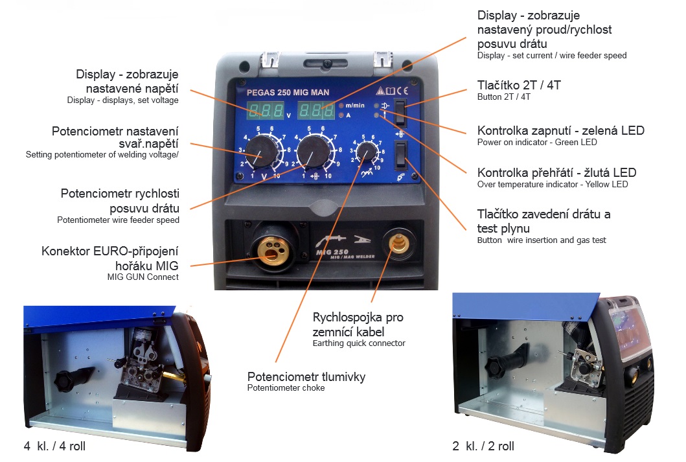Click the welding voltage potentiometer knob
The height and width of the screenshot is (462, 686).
point(261,151)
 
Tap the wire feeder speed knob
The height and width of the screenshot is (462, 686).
point(314,152)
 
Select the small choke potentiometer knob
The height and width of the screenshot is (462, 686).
point(367,152)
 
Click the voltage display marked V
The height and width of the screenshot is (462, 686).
point(266,110)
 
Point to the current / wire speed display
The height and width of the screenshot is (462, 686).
point(316,110)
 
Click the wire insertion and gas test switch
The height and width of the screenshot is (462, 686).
point(401,155)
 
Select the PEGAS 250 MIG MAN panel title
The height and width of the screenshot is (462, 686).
point(288,92)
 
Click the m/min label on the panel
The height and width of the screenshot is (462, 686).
point(355,106)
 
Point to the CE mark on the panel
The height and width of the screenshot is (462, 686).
point(402,91)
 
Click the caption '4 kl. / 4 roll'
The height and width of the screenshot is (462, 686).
point(54,446)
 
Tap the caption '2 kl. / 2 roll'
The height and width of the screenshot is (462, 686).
point(483,446)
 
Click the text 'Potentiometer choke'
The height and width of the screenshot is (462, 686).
point(286,387)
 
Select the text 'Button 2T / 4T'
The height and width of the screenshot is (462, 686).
point(503,97)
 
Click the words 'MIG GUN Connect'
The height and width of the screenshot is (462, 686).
point(143,277)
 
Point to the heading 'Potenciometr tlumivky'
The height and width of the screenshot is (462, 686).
point(306,376)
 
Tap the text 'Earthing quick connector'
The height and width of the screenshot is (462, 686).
point(359,343)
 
